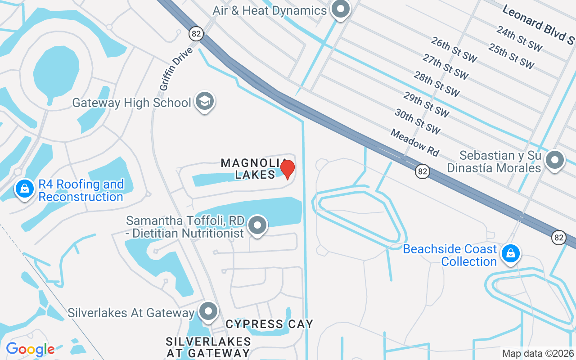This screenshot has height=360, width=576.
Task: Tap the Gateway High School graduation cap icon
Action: [205, 102]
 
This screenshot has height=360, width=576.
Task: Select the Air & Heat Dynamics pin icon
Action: [341, 9]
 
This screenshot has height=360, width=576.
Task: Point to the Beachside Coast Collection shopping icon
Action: [511, 254]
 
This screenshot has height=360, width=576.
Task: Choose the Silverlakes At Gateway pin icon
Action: [208, 311]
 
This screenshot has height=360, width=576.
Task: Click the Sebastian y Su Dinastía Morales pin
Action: [555, 160]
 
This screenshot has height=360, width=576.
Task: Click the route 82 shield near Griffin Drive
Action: [196, 34]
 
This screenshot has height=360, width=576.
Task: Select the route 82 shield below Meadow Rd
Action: [422, 171]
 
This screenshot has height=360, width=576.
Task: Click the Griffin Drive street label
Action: [175, 68]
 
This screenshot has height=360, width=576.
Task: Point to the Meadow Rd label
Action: [414, 143]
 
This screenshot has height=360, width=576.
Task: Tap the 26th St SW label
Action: [454, 50]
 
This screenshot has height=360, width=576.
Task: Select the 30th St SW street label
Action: [418, 121]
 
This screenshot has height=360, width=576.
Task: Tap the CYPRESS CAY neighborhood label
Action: [269, 324]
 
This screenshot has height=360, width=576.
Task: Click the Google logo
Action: [30, 349]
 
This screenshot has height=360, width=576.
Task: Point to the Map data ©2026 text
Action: [538, 354]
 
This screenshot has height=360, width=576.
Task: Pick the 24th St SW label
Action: [519, 38]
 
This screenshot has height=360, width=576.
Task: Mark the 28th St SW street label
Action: [436, 84]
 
